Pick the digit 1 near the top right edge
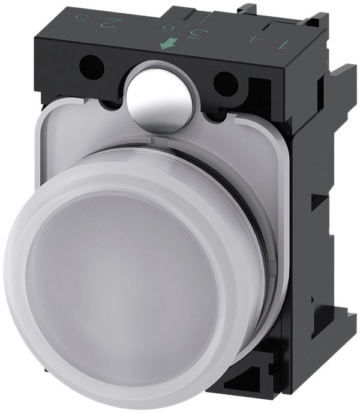point(281,43)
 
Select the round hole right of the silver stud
point(226,82)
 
